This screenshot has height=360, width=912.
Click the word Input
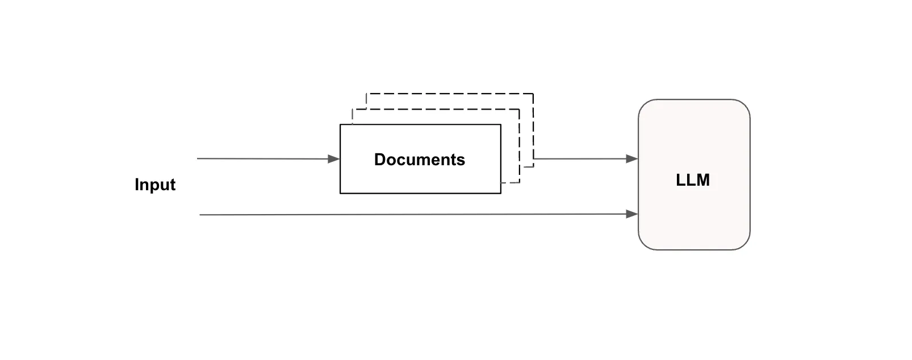coord(154,185)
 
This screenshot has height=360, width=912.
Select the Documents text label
coord(419,160)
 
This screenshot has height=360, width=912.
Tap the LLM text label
coord(693,180)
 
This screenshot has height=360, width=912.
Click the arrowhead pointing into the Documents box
coord(334,159)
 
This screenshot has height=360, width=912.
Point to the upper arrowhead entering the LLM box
coord(632,158)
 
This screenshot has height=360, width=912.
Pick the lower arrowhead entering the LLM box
coord(632,214)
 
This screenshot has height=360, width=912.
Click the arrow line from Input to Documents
coord(268,159)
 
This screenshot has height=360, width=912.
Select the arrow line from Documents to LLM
coord(586,158)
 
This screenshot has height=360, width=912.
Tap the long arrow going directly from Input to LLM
coord(419,214)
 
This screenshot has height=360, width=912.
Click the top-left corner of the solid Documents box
coord(340,124)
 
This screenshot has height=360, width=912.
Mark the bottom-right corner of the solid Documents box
coord(501,194)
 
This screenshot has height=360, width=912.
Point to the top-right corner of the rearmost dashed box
coord(533,94)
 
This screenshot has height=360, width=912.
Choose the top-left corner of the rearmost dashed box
coord(366,94)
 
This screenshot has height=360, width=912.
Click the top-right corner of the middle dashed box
coord(519,109)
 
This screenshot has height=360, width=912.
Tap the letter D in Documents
coord(380,160)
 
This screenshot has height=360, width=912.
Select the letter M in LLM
coord(702,180)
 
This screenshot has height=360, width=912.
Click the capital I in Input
coord(137,184)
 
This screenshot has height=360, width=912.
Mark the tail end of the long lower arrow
coord(200,215)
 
